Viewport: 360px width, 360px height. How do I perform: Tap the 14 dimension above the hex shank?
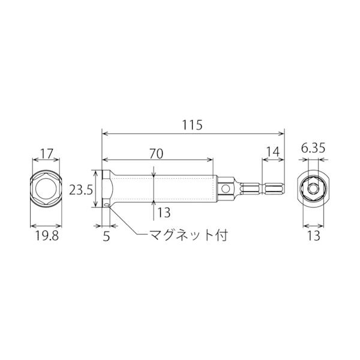point(272,152)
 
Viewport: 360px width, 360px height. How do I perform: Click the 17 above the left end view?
point(46,154)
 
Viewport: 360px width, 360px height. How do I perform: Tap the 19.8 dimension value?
point(46,236)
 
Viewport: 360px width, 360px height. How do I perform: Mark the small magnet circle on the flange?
point(106,205)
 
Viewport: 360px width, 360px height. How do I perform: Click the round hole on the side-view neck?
point(226,189)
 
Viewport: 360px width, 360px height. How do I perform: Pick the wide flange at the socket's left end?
point(106,189)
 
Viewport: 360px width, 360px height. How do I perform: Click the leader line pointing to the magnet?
point(123,225)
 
